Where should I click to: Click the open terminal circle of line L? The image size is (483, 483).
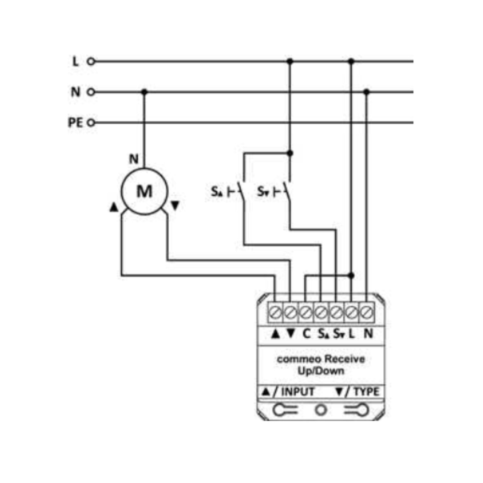91,61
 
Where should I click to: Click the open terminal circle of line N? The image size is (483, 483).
91,92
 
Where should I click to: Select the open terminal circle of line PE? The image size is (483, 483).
91,123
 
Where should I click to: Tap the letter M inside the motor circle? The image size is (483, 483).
145,192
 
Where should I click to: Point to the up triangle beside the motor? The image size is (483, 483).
114,207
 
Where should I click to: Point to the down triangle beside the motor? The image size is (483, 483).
175,206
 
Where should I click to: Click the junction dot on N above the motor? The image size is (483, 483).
144,92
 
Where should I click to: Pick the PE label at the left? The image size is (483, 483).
75,122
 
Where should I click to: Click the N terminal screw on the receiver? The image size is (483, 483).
367,313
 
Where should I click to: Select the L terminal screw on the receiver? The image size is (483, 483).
351,313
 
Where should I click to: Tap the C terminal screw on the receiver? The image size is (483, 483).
306,313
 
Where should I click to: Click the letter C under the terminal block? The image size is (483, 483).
306,333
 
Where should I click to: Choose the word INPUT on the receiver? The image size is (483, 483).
298,392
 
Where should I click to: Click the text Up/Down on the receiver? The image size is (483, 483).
321,371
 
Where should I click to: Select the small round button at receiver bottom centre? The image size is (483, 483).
321,410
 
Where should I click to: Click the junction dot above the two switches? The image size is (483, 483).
290,153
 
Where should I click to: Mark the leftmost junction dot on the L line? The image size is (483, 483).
290,61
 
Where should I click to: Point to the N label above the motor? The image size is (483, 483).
134,159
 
